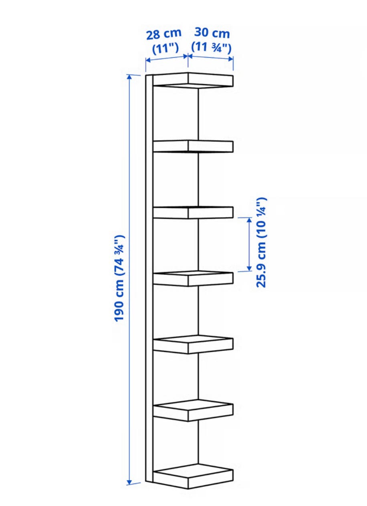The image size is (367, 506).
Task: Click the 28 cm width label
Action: [x=164, y=34]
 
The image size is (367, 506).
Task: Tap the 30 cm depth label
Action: [x=212, y=33]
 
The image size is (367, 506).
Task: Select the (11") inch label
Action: [x=165, y=48]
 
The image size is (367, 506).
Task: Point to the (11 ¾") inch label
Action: [x=211, y=47]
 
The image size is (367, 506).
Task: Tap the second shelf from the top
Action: [x=193, y=146]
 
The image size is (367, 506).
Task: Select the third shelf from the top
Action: [x=193, y=212]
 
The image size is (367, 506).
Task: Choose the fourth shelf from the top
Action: [x=193, y=278]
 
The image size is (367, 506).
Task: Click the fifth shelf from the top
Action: [x=193, y=345]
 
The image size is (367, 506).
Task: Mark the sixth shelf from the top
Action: [x=193, y=411]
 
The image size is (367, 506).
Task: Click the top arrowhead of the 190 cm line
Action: [x=129, y=77]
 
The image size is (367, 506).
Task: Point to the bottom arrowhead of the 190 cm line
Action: [x=129, y=483]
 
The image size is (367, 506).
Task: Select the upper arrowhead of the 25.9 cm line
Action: [x=249, y=220]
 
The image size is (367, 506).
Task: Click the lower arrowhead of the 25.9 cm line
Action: [x=249, y=268]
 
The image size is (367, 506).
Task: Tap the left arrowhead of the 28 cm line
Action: [x=148, y=60]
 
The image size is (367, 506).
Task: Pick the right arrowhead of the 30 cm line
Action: [x=231, y=59]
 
